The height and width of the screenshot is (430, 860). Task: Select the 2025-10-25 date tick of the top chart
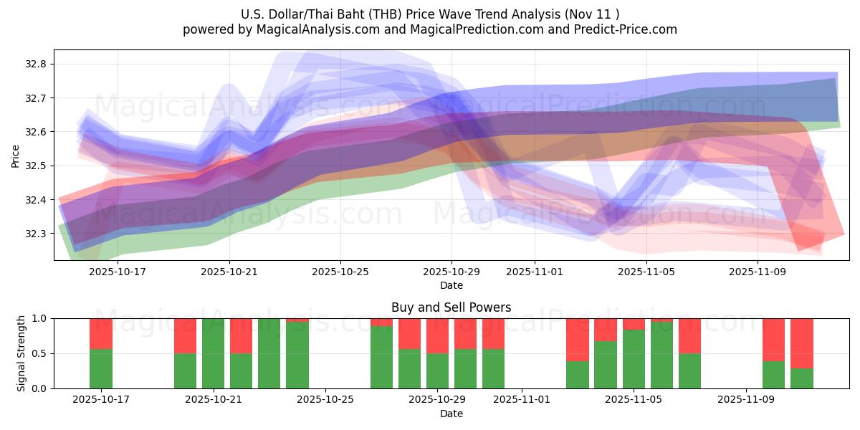pyautogui.click(x=340, y=272)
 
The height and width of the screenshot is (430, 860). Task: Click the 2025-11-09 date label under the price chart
pyautogui.click(x=758, y=272)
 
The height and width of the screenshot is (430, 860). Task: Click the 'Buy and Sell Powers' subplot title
pyautogui.click(x=451, y=307)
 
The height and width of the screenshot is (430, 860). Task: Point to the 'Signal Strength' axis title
pyautogui.click(x=21, y=353)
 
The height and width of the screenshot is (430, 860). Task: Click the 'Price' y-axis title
pyautogui.click(x=16, y=156)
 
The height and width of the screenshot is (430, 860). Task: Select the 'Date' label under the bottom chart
pyautogui.click(x=451, y=414)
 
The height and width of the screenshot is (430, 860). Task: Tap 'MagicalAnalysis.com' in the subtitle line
pyautogui.click(x=312, y=29)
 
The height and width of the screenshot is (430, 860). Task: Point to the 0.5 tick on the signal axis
pyautogui.click(x=39, y=353)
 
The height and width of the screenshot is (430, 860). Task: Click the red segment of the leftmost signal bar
pyautogui.click(x=101, y=333)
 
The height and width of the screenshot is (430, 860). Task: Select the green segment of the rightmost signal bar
pyautogui.click(x=802, y=378)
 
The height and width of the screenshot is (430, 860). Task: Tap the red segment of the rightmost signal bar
pyautogui.click(x=802, y=343)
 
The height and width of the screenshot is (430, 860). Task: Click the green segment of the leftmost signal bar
pyautogui.click(x=101, y=368)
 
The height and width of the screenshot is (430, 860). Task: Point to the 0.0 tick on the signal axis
pyautogui.click(x=39, y=388)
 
